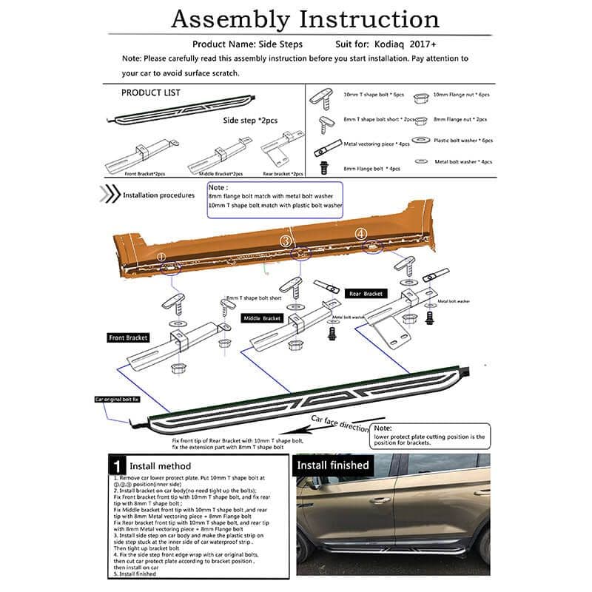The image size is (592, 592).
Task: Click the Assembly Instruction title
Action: click(x=305, y=19)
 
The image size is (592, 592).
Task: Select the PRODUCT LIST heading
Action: click(x=150, y=92)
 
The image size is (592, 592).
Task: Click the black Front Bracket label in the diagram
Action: click(x=127, y=337)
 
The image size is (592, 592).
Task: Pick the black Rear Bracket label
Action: click(x=366, y=294)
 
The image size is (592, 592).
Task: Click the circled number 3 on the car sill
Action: click(x=286, y=240)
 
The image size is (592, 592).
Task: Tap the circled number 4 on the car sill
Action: click(x=361, y=233)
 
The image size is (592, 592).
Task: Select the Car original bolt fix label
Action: click(x=117, y=399)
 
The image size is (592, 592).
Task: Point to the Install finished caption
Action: click(x=332, y=465)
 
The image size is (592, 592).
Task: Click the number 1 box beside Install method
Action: click(x=117, y=466)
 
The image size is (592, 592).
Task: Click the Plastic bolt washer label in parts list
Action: click(x=463, y=140)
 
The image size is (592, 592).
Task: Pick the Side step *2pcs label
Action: click(x=250, y=119)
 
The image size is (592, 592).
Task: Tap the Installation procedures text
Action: click(x=159, y=196)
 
